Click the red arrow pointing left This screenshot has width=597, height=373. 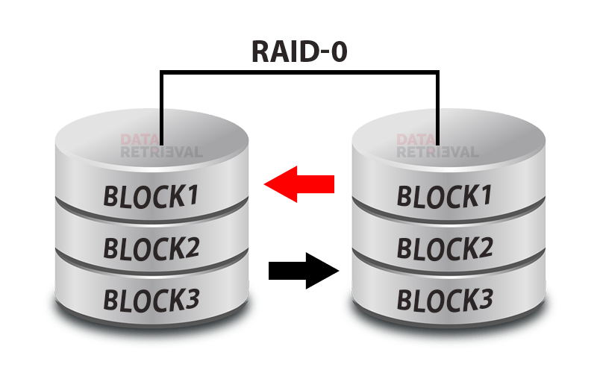click(298, 184)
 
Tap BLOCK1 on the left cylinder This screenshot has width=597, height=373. click(151, 196)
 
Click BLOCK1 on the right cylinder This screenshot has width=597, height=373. click(445, 196)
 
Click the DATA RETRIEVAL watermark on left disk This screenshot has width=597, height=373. click(161, 145)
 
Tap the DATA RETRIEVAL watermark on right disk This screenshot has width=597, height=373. click(437, 145)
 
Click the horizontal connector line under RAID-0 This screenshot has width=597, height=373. click(298, 72)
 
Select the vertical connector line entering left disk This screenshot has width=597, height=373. click(161, 104)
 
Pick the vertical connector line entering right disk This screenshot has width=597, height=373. click(438, 104)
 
